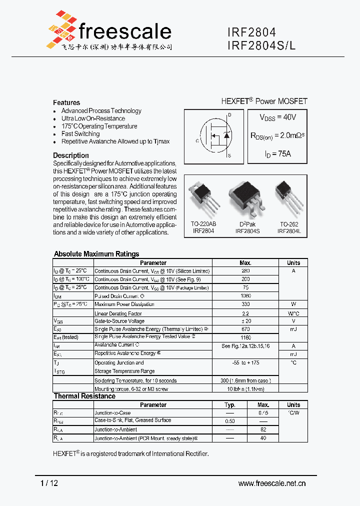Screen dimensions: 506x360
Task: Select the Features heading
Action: tap(66, 102)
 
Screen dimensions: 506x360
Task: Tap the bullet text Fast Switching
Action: tap(80, 134)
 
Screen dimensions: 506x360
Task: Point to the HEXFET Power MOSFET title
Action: tap(264, 101)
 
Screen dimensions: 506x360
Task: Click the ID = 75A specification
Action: tap(277, 154)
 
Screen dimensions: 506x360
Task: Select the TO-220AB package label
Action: tap(203, 224)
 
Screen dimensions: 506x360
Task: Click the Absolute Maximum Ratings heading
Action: tap(96, 254)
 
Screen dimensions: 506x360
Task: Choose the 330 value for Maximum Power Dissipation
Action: tap(245, 304)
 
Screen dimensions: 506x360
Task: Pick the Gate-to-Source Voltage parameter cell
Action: tap(119, 321)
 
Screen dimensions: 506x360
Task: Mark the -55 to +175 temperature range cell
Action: tap(245, 362)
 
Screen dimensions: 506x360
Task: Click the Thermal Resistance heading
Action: tap(84, 396)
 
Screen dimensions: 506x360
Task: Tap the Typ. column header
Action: tap(230, 405)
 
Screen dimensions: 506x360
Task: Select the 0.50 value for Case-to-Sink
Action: tap(230, 421)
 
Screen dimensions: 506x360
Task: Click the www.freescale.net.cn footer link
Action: tap(272, 483)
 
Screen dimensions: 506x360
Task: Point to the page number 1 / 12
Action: tap(48, 483)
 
